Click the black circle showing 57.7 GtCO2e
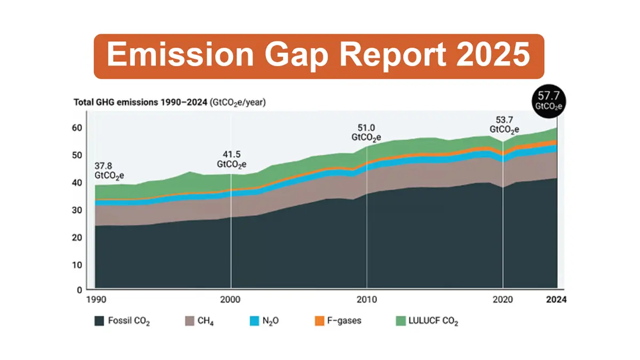click(x=548, y=100)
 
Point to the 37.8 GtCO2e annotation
click(x=109, y=169)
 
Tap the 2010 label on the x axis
click(x=366, y=300)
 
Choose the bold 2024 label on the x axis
click(x=556, y=300)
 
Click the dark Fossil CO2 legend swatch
click(x=99, y=321)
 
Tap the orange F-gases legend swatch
click(x=319, y=321)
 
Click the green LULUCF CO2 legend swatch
click(x=400, y=321)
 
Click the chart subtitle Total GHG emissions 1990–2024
click(x=141, y=101)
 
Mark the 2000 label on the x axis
click(x=230, y=300)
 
